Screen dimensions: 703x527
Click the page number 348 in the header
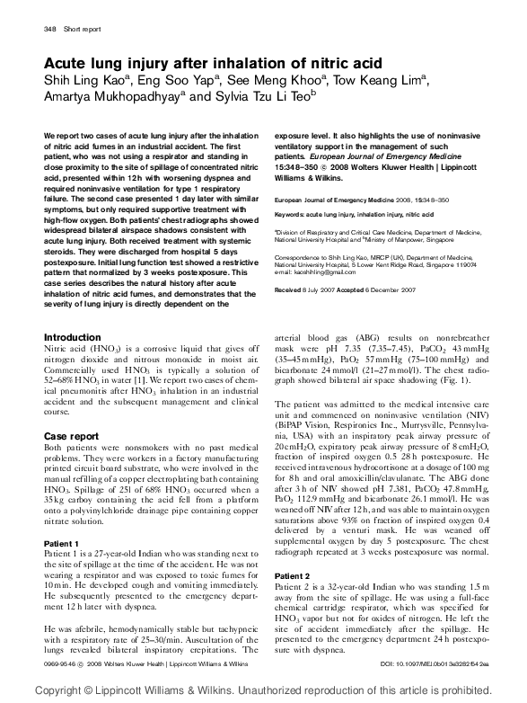(50, 30)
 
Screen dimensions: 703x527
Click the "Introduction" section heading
(73, 337)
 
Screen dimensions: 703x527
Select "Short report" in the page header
(83, 30)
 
